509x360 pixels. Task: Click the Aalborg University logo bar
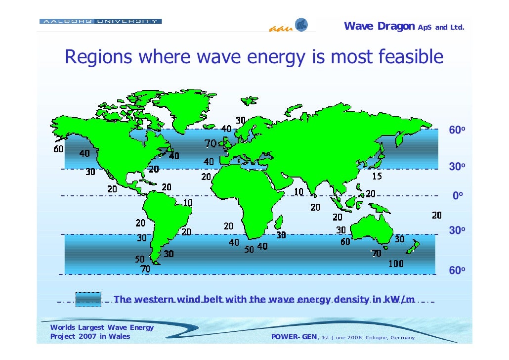[100, 21]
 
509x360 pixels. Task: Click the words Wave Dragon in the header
[379, 26]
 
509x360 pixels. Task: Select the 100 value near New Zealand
[395, 264]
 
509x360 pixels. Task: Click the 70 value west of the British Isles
[211, 144]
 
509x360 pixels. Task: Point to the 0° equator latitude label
[458, 196]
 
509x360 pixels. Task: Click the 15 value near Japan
[377, 177]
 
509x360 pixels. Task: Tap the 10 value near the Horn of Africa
[299, 191]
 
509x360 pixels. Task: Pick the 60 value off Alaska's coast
[59, 149]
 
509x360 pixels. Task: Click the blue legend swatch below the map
[88, 299]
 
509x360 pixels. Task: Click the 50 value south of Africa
[249, 249]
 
